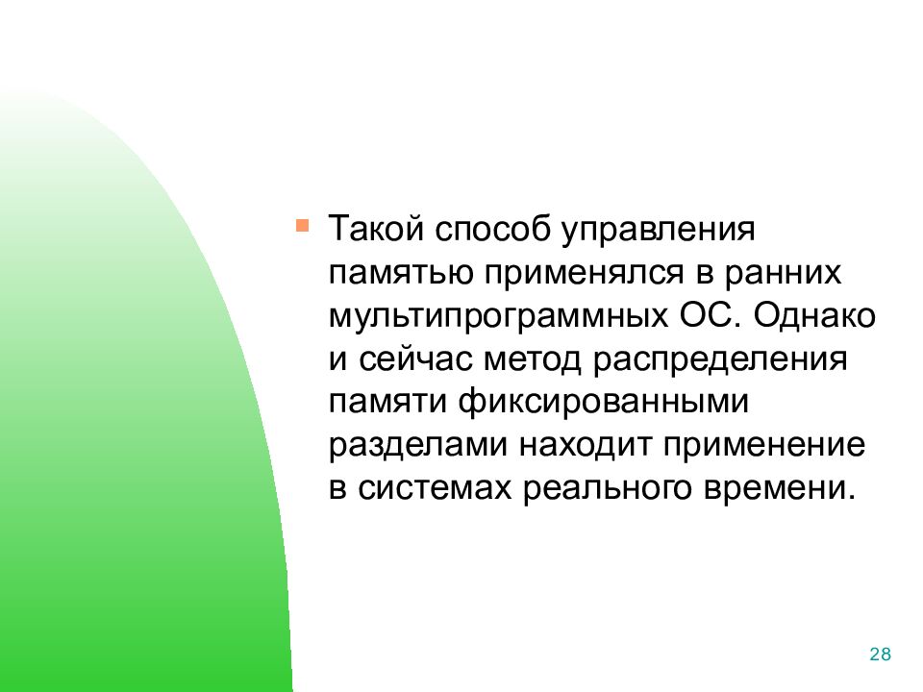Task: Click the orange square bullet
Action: pos(302,226)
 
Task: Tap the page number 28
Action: pos(880,655)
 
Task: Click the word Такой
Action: pos(376,229)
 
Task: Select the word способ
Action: pos(492,230)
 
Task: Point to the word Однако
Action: pos(814,316)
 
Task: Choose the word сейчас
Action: pos(415,358)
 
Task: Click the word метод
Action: pos(532,359)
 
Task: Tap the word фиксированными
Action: pos(604,403)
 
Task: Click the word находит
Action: pos(586,446)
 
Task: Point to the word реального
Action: pos(607,489)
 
